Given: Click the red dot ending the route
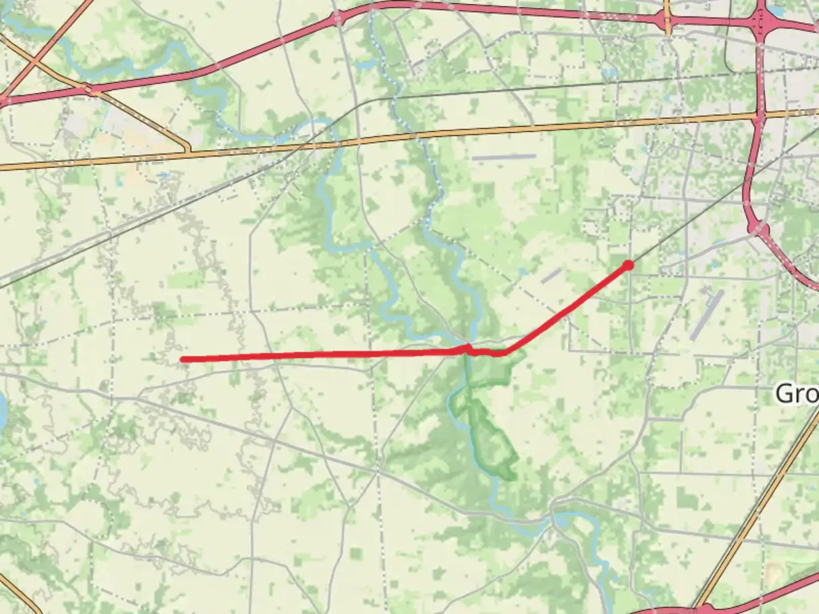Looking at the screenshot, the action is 628,265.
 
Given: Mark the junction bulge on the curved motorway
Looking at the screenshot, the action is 759,229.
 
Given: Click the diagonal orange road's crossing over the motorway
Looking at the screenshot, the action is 87,89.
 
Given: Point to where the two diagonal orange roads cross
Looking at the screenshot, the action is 35,59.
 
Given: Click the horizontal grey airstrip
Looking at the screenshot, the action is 504,156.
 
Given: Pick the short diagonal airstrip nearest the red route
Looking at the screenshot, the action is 551,276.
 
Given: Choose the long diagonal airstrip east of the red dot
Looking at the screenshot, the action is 707,314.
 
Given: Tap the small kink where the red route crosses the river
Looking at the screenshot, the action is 468,348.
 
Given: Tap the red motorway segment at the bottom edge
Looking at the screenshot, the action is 671,611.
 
